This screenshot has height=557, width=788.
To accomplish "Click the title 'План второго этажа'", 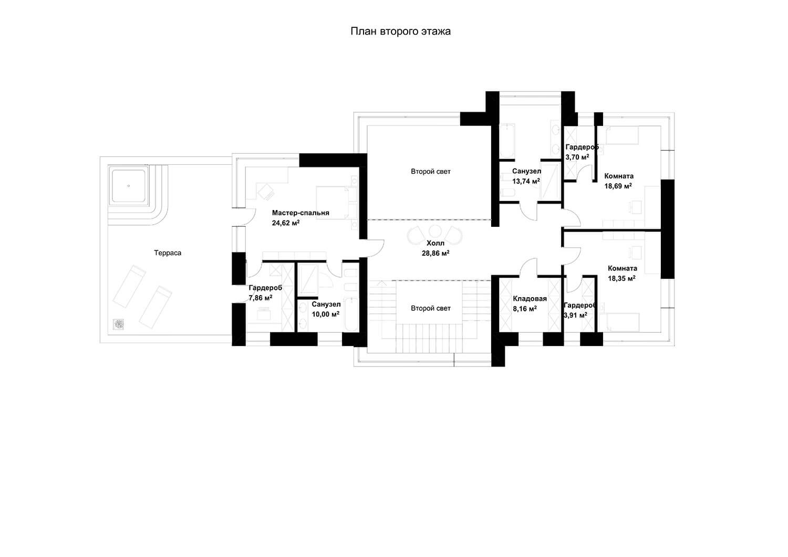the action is point(400,31).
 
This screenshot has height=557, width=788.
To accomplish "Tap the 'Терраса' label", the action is point(168,253).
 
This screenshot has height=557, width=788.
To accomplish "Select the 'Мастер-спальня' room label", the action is point(300,213).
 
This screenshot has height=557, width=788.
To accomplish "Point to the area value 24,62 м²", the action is point(286,223).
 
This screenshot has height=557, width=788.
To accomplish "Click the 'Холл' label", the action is point(435,243).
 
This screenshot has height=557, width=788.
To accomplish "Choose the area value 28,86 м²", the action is point(436,253).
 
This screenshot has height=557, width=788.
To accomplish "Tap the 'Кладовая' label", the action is point(530,299).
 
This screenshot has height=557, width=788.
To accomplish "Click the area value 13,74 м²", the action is point(526,181).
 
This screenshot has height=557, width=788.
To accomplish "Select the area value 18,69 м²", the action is point(618,186).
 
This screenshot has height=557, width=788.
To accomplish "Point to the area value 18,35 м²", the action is point(621,278).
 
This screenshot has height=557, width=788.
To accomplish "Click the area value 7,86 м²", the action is point(261,298).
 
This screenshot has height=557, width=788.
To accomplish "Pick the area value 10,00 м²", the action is point(325,314).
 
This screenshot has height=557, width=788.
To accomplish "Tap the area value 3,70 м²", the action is point(577,157).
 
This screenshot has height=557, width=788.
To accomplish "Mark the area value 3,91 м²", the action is point(575,315).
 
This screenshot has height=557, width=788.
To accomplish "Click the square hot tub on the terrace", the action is point(128,186).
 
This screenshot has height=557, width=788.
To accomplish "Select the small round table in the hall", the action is point(435,232).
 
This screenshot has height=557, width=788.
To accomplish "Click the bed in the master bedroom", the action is point(337,203).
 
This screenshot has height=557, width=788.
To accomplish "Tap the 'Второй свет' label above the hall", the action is point(431,172).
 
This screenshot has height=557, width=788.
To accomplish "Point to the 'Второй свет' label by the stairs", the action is point(431,308).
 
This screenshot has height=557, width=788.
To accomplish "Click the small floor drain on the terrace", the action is point(119,324).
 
